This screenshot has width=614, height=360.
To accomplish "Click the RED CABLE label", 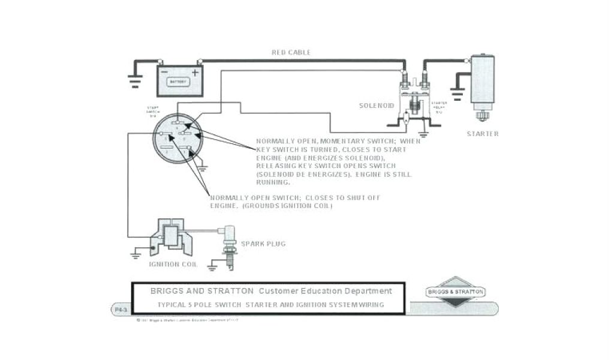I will click(291, 53).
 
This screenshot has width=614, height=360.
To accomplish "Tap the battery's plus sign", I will click(195, 73).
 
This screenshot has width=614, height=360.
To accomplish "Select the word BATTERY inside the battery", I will click(178, 82).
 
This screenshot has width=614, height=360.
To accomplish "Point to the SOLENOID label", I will click(377, 106).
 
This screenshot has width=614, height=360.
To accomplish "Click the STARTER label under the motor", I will click(483, 134).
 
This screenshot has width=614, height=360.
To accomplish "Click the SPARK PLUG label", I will click(263, 244).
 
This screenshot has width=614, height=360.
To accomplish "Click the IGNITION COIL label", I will click(171, 264).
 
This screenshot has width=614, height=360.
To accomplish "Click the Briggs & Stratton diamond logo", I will click(456, 292).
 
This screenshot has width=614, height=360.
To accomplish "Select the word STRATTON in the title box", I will click(232, 292).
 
